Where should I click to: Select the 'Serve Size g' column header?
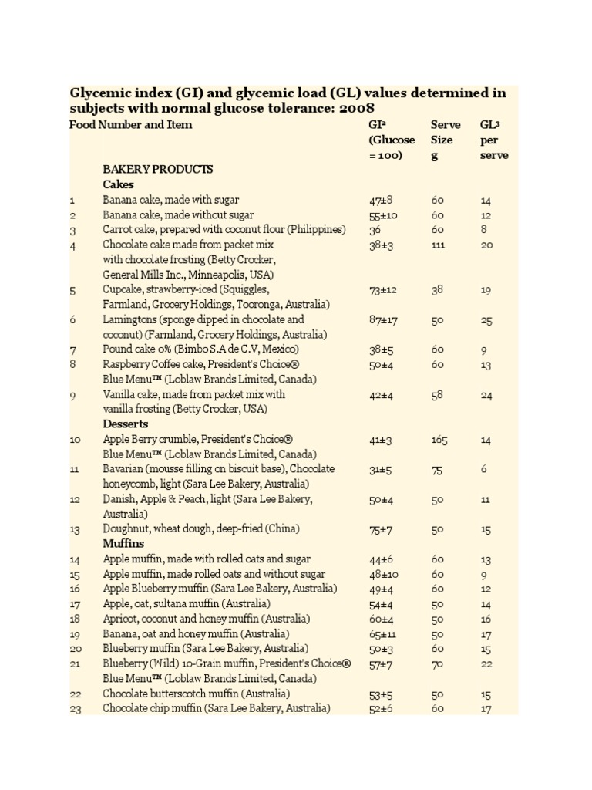(445, 140)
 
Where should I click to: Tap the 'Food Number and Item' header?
(131, 124)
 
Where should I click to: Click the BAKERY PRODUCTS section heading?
(158, 169)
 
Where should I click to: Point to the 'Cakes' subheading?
(118, 184)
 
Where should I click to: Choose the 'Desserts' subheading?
(126, 424)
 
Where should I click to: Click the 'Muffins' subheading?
(123, 544)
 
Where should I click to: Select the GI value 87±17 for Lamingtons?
(383, 319)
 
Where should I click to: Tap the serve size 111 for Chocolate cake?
(439, 245)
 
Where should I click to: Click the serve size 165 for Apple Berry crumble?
(439, 440)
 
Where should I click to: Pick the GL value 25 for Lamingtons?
(486, 319)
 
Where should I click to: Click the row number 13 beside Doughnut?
(75, 529)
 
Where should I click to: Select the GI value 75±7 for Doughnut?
(381, 529)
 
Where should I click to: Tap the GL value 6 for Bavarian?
(483, 469)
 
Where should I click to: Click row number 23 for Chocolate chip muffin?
(76, 709)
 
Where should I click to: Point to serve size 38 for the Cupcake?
(437, 289)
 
